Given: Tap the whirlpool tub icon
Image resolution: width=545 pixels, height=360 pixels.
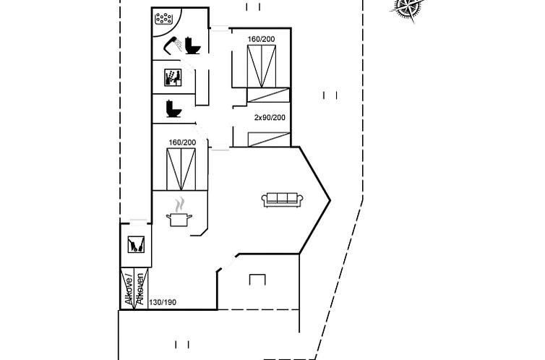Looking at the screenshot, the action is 164,18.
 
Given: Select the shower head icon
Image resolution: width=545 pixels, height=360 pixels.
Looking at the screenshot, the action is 173,46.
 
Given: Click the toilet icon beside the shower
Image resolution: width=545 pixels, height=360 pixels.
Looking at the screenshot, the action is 192,45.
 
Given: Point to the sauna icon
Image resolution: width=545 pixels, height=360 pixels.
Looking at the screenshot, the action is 173,77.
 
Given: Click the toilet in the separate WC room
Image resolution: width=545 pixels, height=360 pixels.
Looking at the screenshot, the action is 173,108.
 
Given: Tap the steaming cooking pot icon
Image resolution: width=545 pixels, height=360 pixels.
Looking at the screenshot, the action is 179,213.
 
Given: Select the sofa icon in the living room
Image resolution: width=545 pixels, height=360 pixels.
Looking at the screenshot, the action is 282,200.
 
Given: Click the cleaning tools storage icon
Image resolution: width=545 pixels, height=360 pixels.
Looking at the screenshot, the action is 136,244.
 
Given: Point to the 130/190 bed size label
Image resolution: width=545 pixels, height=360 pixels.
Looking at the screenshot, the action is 163,302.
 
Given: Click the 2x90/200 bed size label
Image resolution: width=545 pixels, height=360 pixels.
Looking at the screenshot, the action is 270,117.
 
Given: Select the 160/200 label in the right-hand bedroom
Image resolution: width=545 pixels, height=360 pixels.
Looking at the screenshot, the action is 261,39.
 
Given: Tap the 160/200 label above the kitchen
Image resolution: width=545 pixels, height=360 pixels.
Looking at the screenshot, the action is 182,142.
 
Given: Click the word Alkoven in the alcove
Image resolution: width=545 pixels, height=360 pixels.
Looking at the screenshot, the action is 140,289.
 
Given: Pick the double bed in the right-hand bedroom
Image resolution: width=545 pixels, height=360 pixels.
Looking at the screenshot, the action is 262,67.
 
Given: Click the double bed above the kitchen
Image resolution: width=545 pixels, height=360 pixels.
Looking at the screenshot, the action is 181,169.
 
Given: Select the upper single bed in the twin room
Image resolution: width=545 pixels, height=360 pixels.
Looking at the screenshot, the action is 268,95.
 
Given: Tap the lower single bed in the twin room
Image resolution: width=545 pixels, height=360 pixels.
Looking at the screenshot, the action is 269,140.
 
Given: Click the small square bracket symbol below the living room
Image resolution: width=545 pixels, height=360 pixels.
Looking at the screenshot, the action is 257,279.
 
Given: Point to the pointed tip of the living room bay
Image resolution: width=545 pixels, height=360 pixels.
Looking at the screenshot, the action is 330,200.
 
